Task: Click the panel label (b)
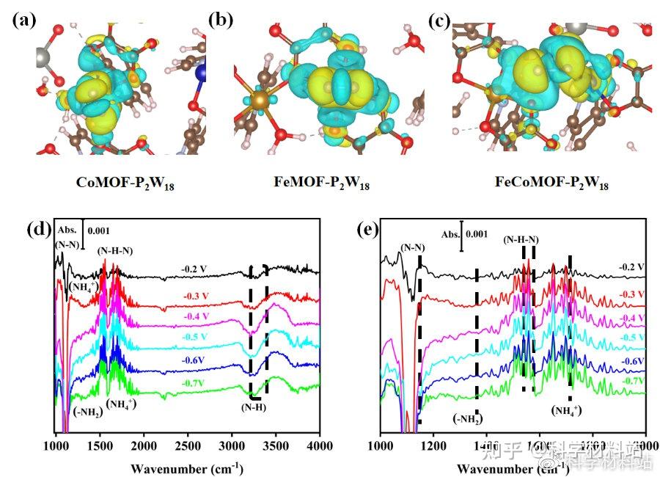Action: pyautogui.click(x=220, y=21)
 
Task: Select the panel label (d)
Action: pyautogui.click(x=38, y=229)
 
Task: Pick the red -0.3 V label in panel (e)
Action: pyautogui.click(x=631, y=294)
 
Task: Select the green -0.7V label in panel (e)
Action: pyautogui.click(x=631, y=381)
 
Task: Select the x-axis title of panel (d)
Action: pyautogui.click(x=188, y=467)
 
